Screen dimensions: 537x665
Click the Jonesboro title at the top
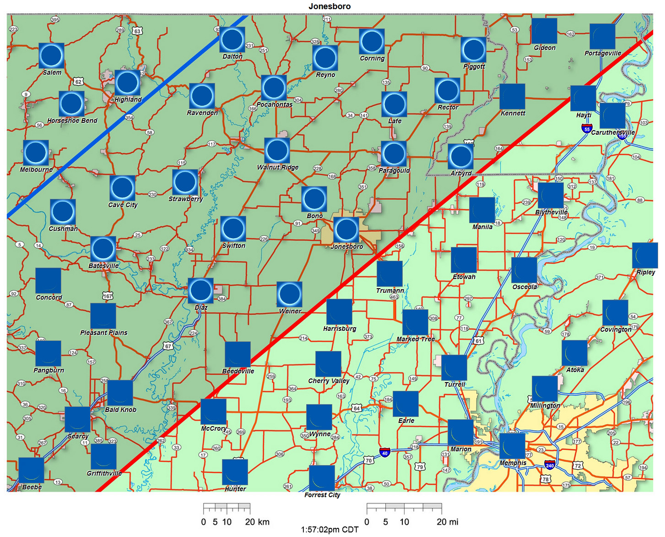[330, 6]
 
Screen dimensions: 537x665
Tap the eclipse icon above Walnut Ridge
[277, 150]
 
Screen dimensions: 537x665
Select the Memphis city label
[513, 463]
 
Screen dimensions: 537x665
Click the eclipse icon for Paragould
[394, 153]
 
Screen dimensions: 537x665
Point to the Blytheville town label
[551, 212]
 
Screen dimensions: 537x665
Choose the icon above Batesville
[103, 249]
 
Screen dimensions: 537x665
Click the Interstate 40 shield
[385, 453]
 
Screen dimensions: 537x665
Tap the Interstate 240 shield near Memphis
[550, 465]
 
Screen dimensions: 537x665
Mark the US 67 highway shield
[168, 346]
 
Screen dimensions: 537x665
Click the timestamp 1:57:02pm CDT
[330, 530]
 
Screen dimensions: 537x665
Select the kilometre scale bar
[227, 508]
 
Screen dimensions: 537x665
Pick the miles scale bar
[404, 508]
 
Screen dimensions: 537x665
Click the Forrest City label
[322, 495]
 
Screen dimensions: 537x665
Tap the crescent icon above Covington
[615, 312]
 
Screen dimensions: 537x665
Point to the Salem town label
[52, 72]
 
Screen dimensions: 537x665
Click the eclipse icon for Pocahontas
[274, 88]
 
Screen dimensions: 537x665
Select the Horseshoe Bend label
[72, 121]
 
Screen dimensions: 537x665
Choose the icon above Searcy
[77, 419]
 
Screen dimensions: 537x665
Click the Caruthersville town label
[613, 132]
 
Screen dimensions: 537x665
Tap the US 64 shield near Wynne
[357, 408]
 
